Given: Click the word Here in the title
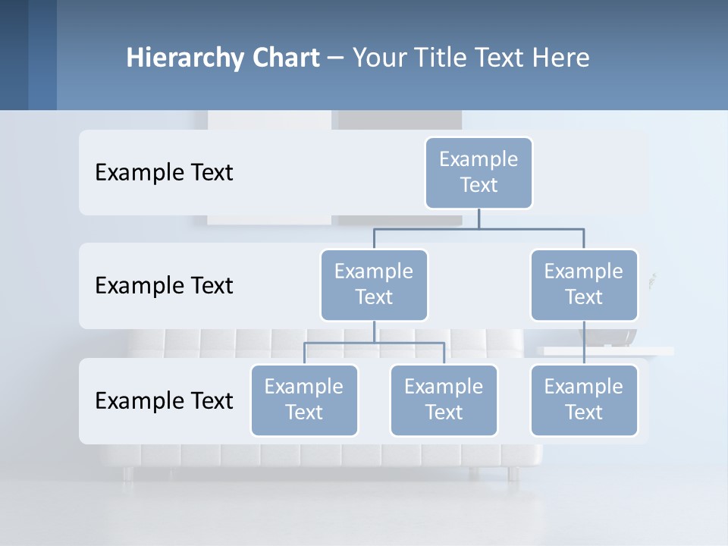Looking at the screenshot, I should (x=557, y=58).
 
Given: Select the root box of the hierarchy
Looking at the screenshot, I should (x=479, y=172).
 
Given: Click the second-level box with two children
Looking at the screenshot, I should (x=374, y=284).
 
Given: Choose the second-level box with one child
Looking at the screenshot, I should (x=584, y=284).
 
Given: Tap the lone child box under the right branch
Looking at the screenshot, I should (x=584, y=400).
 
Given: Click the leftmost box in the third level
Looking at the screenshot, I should (x=304, y=400).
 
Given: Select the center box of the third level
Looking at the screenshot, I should (x=444, y=400).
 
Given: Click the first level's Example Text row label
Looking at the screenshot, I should (x=164, y=173).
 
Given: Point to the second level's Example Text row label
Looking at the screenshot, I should (x=164, y=286).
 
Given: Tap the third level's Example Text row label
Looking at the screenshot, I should (x=164, y=400).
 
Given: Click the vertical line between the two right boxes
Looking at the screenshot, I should (x=584, y=343).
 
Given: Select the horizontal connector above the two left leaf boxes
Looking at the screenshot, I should (x=374, y=343).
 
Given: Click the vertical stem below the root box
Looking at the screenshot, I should (x=479, y=218).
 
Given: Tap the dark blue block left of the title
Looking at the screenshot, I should (x=28, y=55).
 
